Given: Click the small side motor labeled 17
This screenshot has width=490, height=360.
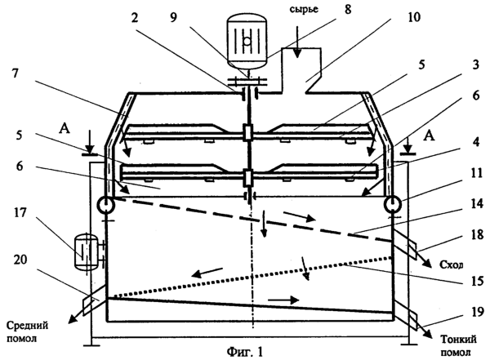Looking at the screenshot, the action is click(86, 251).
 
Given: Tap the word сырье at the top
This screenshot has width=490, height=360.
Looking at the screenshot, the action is click(304, 9).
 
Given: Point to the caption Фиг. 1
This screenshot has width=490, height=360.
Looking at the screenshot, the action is click(245, 352).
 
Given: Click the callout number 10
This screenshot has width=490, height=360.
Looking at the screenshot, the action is click(414, 17).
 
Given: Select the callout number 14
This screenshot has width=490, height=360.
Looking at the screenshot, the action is click(477, 205).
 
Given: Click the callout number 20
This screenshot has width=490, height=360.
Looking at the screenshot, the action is click(20, 260).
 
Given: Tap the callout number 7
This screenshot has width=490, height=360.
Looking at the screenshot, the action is click(15, 74).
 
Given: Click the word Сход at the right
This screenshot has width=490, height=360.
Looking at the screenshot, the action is click(451, 264).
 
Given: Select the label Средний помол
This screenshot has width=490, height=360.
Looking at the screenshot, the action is click(28, 331).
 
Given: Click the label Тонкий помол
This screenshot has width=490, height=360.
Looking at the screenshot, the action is click(458, 345).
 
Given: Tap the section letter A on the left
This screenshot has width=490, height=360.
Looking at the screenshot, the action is click(64, 128).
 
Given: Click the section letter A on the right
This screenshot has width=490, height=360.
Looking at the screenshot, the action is click(430, 136).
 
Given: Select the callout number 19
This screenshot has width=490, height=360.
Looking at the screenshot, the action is click(477, 312).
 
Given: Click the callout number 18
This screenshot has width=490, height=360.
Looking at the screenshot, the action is click(477, 234).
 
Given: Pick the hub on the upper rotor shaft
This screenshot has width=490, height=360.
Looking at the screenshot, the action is click(247, 132).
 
